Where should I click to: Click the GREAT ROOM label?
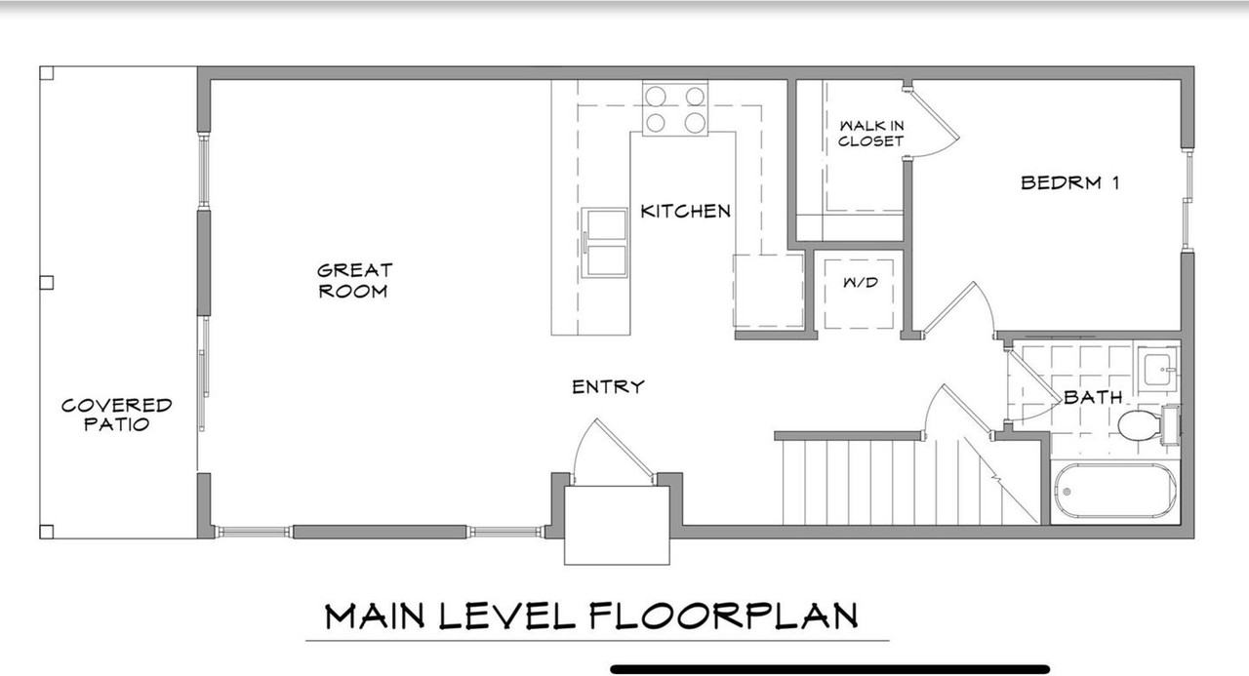(354, 281)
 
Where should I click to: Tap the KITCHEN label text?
(685, 212)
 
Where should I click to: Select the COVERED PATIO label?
(116, 415)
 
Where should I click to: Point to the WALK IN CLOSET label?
(871, 134)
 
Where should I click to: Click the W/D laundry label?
(861, 283)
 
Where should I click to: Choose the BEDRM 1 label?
(1069, 182)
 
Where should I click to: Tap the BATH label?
(1093, 397)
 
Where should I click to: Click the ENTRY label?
(608, 386)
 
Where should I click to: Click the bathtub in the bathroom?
(1115, 492)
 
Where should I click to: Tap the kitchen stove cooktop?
(675, 108)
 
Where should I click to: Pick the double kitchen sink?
(604, 243)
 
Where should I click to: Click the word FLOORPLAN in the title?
(723, 616)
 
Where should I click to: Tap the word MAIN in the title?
(374, 616)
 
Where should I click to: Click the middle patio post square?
(47, 283)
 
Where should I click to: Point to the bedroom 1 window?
(1188, 200)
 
